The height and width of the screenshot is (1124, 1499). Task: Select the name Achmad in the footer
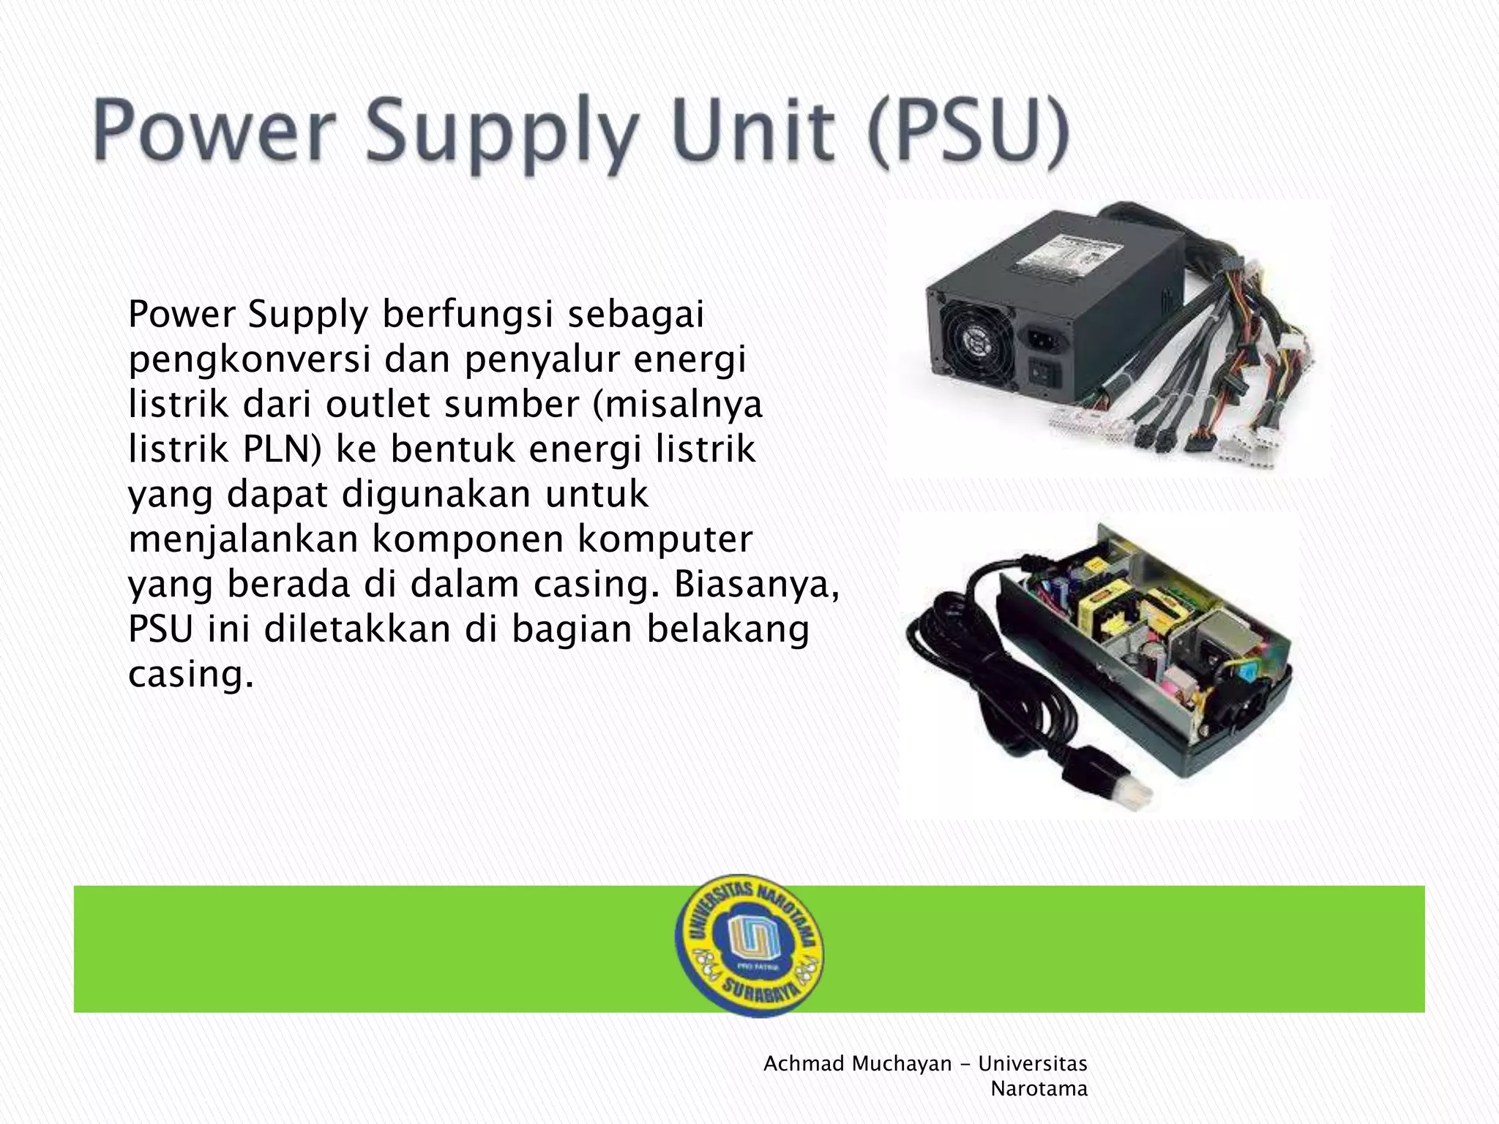point(804,1063)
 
